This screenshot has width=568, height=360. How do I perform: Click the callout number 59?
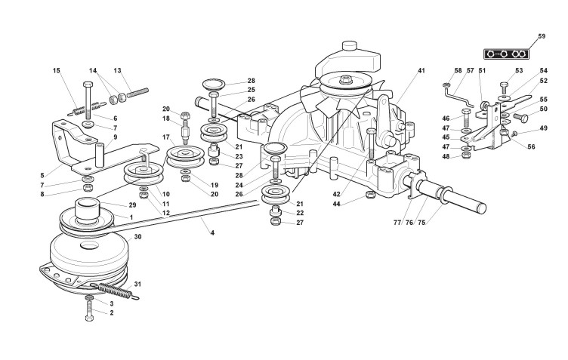coord(542,36)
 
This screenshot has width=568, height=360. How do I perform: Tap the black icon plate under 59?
coord(506,54)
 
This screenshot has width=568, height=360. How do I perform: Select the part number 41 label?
coord(421,70)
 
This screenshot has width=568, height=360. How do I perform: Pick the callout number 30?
coord(138,237)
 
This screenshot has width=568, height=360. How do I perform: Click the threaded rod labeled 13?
coord(137,93)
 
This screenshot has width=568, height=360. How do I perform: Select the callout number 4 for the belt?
coord(212,233)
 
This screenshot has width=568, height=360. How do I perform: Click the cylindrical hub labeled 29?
coord(87,209)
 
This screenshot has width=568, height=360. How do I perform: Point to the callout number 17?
coord(166,137)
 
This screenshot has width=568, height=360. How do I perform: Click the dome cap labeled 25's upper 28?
coord(214,85)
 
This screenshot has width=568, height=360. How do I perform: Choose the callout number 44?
coord(337,204)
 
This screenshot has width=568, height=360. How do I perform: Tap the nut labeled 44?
coord(370,195)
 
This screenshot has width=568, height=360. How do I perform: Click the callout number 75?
coord(421,223)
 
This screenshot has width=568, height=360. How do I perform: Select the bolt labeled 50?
coord(519,117)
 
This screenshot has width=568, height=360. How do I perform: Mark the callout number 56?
coord(531,146)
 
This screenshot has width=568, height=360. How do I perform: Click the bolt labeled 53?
coord(505,88)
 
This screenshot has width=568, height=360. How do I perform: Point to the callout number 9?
coord(116,137)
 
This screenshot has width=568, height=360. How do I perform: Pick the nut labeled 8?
coord(87,188)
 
